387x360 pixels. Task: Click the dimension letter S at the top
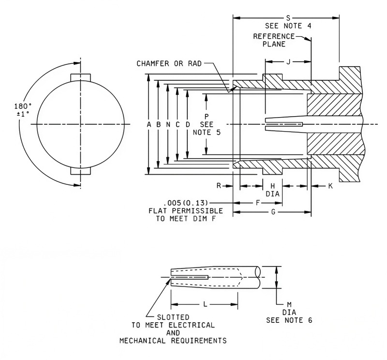[288, 18]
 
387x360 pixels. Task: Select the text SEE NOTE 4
[288, 26]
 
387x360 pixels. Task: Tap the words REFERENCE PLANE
[274, 40]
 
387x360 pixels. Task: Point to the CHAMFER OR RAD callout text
[169, 64]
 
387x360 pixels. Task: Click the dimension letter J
[288, 62]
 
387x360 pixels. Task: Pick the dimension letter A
[149, 125]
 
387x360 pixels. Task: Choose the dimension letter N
[168, 125]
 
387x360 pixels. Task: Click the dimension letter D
[188, 125]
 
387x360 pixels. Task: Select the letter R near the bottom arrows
[219, 186]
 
